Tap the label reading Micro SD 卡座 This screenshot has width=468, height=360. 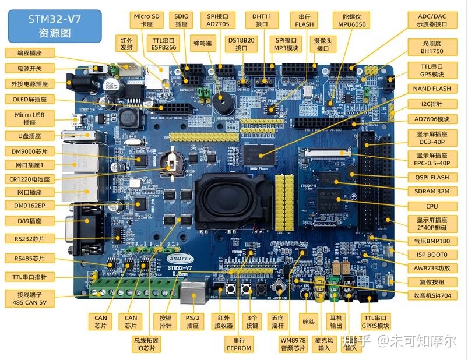click(146, 21)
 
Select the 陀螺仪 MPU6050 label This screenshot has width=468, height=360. click(351, 20)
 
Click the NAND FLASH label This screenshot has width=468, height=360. click(432, 89)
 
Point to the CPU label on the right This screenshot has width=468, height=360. click(432, 206)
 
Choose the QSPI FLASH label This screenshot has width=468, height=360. click(432, 177)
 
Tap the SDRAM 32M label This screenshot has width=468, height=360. click(432, 192)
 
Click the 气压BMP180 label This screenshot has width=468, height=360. click(432, 241)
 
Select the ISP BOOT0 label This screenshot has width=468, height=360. click(432, 255)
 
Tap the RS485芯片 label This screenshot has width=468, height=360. click(29, 258)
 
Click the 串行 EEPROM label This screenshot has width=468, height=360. click(239, 344)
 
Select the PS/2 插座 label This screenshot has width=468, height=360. click(193, 322)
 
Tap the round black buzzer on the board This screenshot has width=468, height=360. click(221, 105)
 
